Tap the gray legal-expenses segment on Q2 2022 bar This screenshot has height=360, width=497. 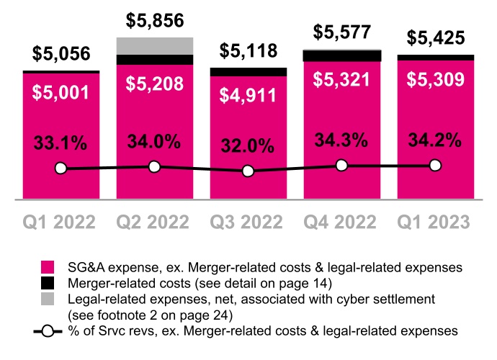tap(154, 46)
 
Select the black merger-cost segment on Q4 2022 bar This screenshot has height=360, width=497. tap(341, 55)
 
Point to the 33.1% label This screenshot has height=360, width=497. tap(61, 143)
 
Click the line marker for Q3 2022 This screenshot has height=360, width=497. tap(248, 171)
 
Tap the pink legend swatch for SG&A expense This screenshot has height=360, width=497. tap(48, 266)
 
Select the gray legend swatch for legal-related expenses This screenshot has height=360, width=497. tap(48, 299)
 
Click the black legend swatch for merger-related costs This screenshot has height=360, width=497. tap(48, 282)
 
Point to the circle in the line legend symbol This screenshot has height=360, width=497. tap(48, 331)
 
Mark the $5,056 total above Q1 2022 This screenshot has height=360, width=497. tap(61, 53)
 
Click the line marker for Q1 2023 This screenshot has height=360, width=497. tap(435, 166)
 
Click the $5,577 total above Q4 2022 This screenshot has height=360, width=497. tap(341, 32)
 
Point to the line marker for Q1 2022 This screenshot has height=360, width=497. tap(61, 168)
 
